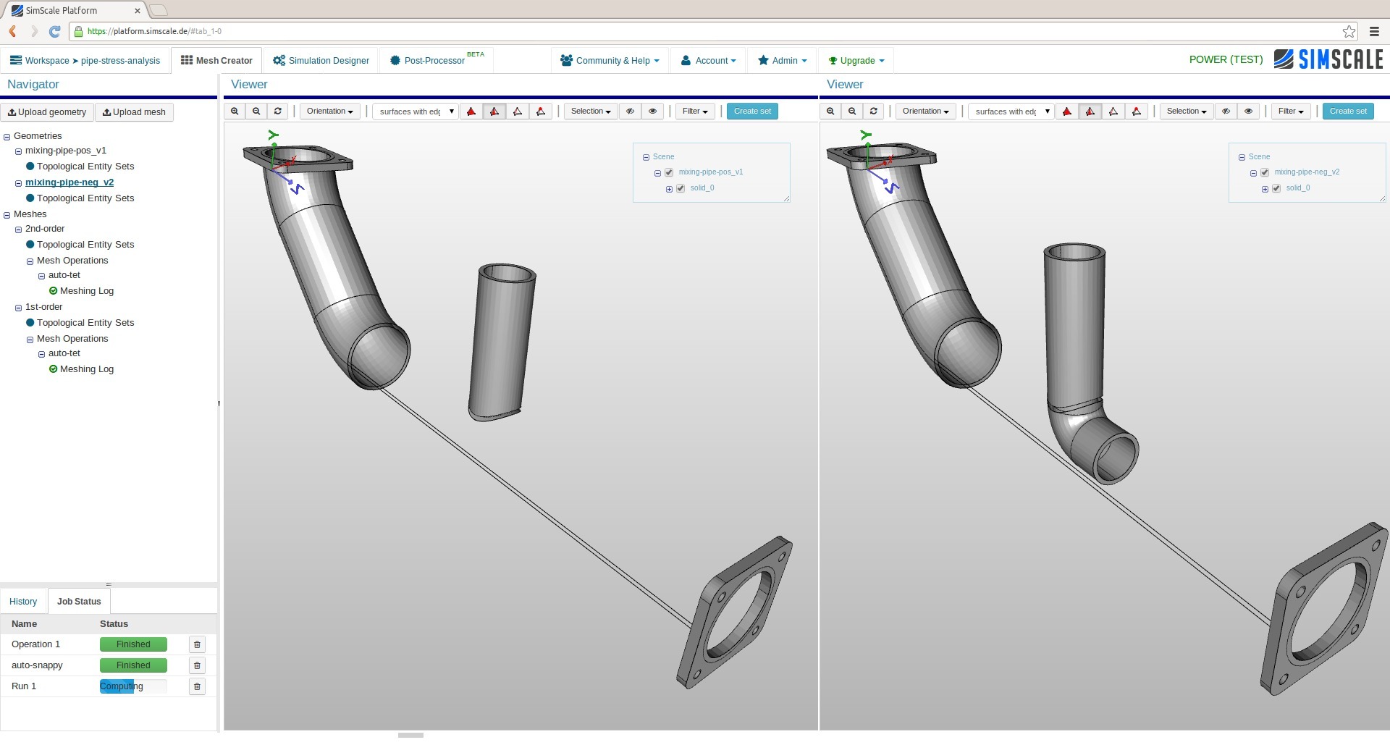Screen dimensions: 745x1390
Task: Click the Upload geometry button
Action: (47, 112)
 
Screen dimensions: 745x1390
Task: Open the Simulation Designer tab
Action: (321, 61)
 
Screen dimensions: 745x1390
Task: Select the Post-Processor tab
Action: (434, 61)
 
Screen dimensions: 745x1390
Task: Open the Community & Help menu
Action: (610, 61)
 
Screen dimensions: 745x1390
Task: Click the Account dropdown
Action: (709, 61)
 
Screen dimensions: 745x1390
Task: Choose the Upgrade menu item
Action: (856, 61)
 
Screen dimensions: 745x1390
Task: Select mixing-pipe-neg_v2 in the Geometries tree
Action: (69, 182)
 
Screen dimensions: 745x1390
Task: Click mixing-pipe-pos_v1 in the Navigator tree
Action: (66, 151)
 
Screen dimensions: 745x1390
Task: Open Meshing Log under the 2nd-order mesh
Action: (87, 291)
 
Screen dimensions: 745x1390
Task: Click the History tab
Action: (23, 602)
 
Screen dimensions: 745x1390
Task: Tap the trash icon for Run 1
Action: (197, 686)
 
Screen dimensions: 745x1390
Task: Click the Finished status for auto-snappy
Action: (133, 665)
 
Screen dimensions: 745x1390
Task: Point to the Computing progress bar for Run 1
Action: (132, 686)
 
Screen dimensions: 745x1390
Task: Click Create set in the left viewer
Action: (752, 111)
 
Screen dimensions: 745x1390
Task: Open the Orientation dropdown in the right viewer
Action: (925, 111)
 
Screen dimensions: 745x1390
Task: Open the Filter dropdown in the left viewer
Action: (695, 111)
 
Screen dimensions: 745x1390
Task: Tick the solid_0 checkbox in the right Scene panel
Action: (1276, 188)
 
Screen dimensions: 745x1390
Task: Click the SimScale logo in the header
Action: (1328, 59)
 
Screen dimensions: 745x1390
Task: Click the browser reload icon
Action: (54, 31)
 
